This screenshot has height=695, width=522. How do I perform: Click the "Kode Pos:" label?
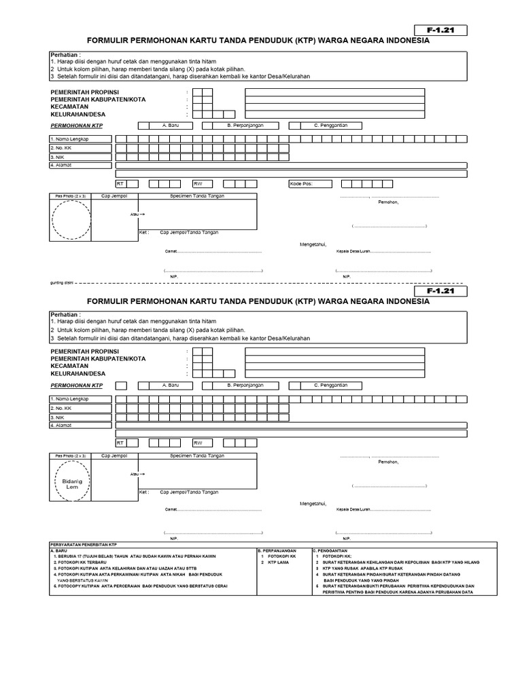(301, 183)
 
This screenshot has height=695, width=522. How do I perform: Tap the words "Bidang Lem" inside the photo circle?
(72, 483)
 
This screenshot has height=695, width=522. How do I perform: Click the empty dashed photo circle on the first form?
(71, 219)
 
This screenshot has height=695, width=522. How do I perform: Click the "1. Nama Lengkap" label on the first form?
(70, 138)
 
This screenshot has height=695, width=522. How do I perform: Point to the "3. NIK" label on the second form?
(58, 417)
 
